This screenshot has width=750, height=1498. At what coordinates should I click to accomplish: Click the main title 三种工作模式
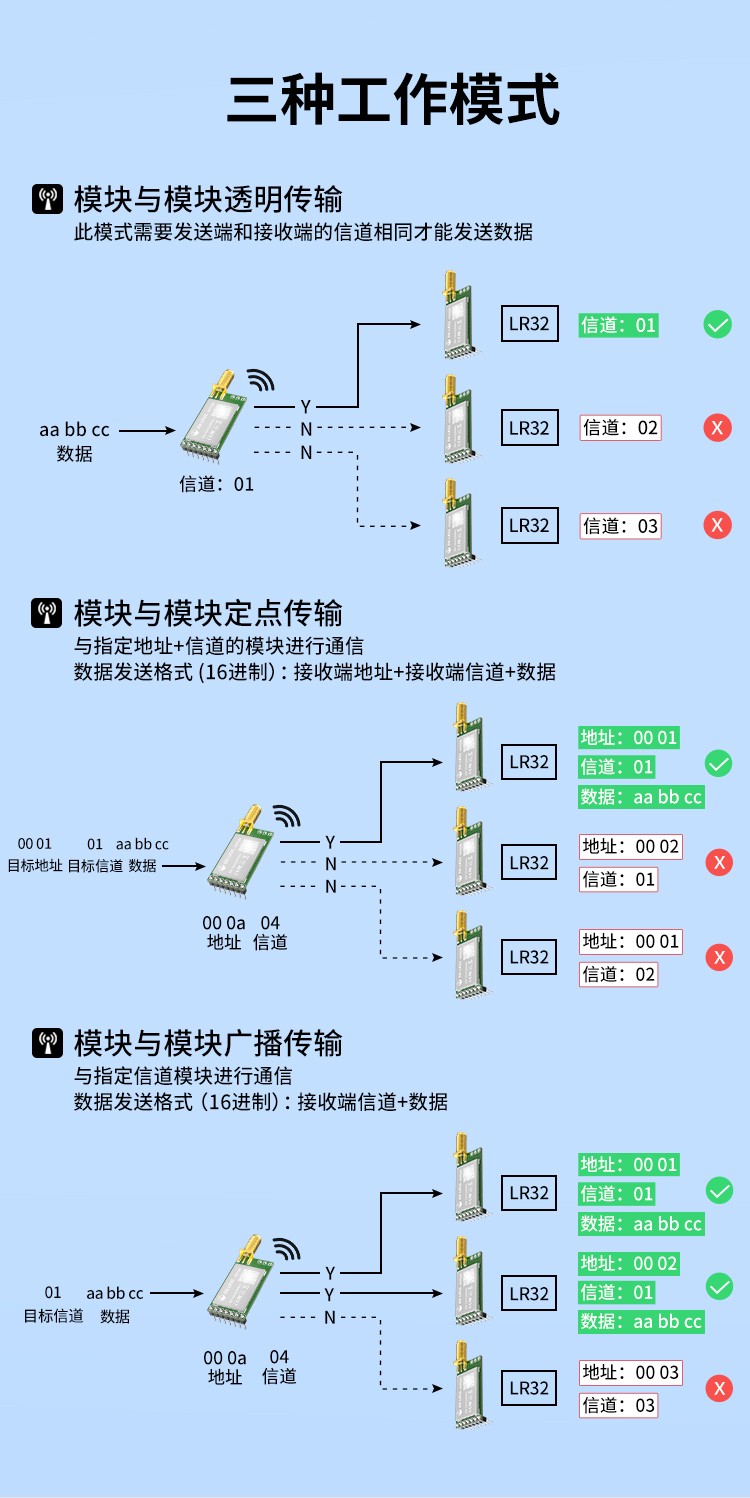(393, 100)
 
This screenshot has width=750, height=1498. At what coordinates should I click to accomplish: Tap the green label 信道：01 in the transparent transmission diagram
(619, 325)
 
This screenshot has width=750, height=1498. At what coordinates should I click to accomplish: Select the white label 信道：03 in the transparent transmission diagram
(621, 526)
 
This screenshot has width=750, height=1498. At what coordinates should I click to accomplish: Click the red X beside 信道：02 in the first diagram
(717, 428)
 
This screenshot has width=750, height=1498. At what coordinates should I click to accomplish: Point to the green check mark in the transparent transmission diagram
(718, 324)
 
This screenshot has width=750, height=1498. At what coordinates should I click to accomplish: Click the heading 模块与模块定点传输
(208, 613)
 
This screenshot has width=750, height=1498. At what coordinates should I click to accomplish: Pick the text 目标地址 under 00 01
(35, 865)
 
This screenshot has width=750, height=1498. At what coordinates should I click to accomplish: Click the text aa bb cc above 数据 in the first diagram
(74, 430)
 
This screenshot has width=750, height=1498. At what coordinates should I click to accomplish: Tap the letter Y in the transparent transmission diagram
(306, 407)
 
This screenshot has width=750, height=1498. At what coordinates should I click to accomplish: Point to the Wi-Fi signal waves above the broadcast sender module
(287, 1249)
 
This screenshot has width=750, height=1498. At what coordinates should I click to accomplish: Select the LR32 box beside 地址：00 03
(529, 1388)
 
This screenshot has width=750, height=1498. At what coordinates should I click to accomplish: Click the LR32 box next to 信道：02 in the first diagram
(529, 428)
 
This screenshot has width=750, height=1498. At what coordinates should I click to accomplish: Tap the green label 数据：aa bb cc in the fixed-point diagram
(641, 797)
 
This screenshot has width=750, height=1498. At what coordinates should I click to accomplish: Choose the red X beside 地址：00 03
(718, 1388)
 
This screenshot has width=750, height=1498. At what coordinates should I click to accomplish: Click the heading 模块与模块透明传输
(208, 198)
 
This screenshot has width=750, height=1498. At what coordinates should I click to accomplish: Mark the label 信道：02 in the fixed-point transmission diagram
(619, 974)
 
